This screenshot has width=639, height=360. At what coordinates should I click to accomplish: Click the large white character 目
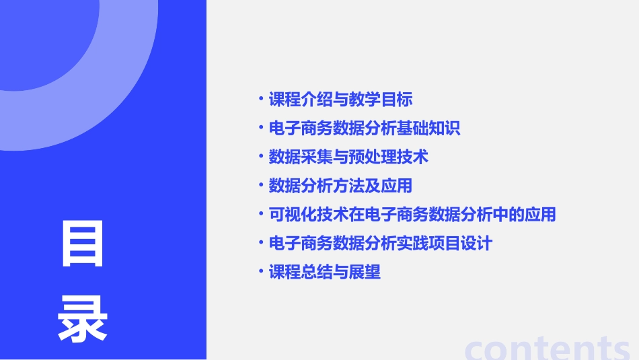83,243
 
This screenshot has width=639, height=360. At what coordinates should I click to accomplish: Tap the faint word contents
548,347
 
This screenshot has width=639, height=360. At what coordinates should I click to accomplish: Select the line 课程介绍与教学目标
340,100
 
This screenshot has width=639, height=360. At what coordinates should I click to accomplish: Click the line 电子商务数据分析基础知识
364,129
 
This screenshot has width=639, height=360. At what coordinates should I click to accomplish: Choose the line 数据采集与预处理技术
348,157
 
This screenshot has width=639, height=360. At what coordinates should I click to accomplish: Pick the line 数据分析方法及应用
340,186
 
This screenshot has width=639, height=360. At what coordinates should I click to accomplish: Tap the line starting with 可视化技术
412,215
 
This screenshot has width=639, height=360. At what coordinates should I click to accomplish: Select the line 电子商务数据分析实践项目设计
380,243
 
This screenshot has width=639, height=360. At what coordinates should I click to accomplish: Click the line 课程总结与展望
324,272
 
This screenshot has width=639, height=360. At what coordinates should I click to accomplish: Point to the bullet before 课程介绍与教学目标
261,100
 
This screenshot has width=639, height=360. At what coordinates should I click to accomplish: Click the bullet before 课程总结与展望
261,272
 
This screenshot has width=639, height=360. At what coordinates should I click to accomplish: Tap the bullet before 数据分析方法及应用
261,186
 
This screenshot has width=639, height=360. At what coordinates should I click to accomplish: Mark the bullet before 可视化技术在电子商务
261,215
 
